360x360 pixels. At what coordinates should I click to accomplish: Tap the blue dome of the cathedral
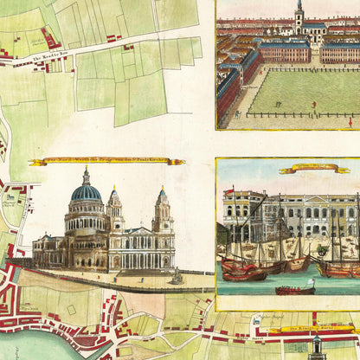86,193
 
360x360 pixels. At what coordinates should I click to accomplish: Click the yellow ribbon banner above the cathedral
106,162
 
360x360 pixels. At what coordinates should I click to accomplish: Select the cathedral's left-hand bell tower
114,208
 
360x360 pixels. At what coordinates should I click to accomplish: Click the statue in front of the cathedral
177,275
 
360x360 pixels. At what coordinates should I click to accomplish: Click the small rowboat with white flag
295,288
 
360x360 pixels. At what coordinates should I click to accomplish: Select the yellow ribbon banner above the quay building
314,169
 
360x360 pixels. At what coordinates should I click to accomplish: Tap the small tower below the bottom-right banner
317,347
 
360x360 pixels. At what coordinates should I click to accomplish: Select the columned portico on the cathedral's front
135,251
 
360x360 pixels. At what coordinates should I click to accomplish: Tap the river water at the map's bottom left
35,346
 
